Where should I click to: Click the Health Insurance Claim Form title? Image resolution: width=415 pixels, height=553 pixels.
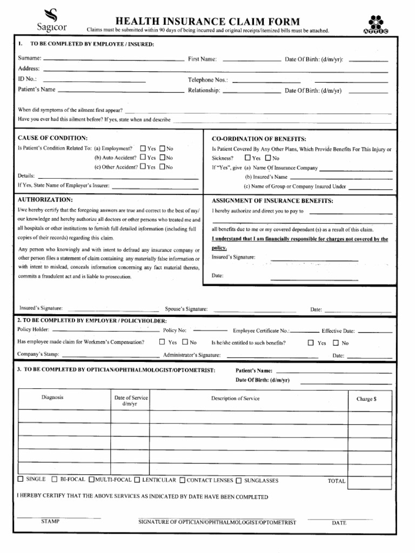[207, 21]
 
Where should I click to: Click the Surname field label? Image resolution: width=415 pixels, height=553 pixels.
[30, 58]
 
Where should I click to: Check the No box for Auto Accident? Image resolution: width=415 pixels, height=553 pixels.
[162, 158]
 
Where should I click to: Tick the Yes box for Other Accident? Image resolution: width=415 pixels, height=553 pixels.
[143, 167]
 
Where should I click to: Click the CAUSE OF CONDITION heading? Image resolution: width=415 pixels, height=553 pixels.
[52, 138]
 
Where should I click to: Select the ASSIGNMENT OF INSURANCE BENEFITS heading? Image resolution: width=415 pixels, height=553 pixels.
[272, 201]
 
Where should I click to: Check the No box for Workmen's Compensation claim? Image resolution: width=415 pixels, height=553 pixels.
[185, 342]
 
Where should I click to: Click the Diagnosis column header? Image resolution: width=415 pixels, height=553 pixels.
[52, 398]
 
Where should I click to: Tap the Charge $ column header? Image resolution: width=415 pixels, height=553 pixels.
[366, 399]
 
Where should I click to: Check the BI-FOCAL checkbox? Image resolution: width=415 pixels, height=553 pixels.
[55, 479]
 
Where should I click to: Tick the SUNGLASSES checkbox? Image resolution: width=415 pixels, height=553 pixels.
[238, 480]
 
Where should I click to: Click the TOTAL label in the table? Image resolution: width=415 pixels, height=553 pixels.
[336, 481]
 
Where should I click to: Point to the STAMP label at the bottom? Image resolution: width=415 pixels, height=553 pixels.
[50, 522]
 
